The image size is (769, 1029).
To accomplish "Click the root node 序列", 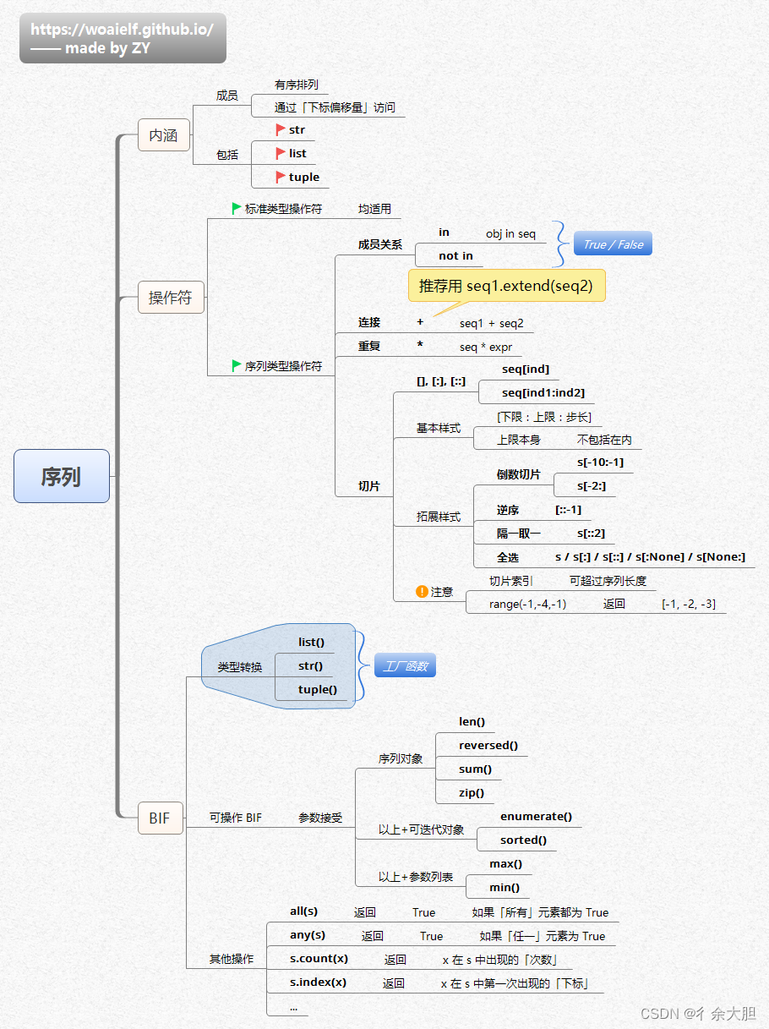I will coord(62,476).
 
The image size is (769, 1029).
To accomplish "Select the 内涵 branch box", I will coord(164,135).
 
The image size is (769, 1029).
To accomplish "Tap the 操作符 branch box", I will coord(171,298).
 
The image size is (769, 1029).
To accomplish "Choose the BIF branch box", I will coord(160,818).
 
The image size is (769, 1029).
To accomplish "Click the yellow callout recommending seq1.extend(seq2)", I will coord(506,286).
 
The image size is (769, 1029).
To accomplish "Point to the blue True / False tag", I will coord(613,244).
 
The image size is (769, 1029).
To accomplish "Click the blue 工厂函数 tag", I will coord(405,666).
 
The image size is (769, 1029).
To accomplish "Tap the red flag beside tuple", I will coord(281,177).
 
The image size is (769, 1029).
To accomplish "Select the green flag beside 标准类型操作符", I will coord(237,208).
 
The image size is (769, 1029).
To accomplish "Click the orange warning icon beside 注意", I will coord(422,592).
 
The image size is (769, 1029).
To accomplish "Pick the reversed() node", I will coord(488,745).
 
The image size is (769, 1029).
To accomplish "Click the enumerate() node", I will coord(536,816).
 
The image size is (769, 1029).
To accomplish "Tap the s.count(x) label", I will coord(319,959).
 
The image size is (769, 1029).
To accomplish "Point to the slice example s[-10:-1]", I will coord(600,462).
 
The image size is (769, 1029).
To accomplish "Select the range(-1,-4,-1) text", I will coord(527,604).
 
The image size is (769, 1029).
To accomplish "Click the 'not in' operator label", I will coord(455,255).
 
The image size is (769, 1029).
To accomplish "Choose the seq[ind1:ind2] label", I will coord(543,392).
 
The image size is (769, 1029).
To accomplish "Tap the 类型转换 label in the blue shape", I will coord(240,666).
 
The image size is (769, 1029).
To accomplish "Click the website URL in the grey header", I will coord(122,30).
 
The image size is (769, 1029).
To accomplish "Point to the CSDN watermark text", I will coord(697,1013).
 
